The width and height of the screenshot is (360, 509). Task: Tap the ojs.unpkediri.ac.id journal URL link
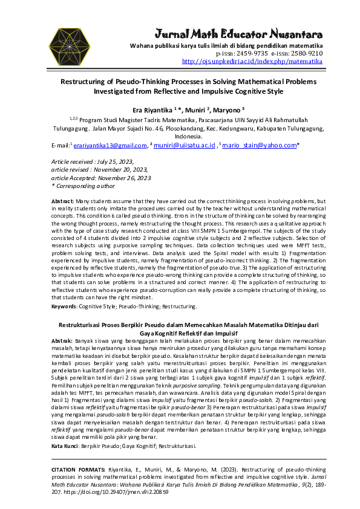[252, 61]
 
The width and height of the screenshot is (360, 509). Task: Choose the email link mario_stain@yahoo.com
[259, 145]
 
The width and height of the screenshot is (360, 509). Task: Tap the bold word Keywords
[64, 306]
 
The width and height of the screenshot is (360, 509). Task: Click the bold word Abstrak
[62, 341]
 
